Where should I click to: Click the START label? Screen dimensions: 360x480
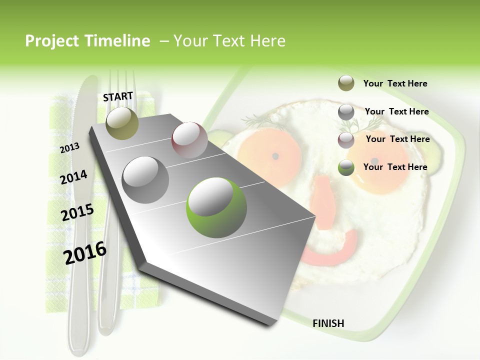118,96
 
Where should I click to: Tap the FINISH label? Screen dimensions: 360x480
328,323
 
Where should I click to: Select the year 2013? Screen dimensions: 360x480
70,147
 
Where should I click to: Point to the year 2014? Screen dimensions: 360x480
73,177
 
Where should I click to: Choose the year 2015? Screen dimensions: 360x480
77,212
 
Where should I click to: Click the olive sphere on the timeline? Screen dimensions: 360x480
122,123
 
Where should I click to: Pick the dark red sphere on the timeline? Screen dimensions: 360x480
189,140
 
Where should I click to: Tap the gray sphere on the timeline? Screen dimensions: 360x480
145,179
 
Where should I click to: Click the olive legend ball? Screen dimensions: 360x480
346,83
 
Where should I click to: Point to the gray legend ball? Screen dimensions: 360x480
346,112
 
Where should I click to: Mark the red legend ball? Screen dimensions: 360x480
346,140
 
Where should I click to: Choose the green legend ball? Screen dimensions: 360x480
346,167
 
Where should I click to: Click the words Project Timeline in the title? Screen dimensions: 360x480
87,41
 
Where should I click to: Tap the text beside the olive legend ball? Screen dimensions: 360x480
395,84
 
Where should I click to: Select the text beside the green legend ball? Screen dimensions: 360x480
395,167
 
